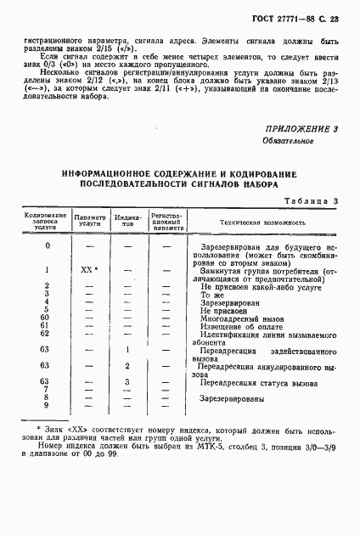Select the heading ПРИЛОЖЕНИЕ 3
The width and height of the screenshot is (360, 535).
(302, 128)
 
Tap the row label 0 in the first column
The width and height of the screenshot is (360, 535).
(47, 246)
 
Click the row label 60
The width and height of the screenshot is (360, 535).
(47, 318)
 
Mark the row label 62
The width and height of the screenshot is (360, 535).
(47, 334)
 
